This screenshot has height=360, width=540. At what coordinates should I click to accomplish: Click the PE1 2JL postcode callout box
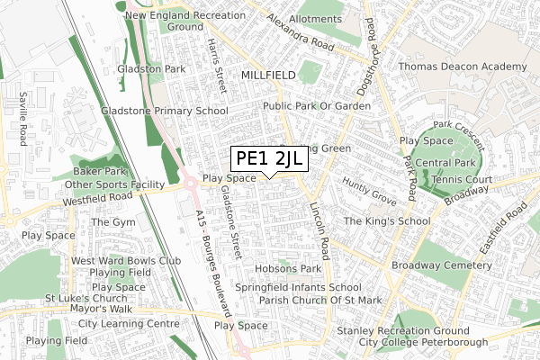click(x=270, y=159)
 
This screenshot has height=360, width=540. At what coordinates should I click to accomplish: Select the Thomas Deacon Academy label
click(x=463, y=67)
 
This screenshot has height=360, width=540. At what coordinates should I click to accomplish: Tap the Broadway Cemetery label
click(x=442, y=266)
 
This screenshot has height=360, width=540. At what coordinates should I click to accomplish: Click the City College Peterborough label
click(x=410, y=342)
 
